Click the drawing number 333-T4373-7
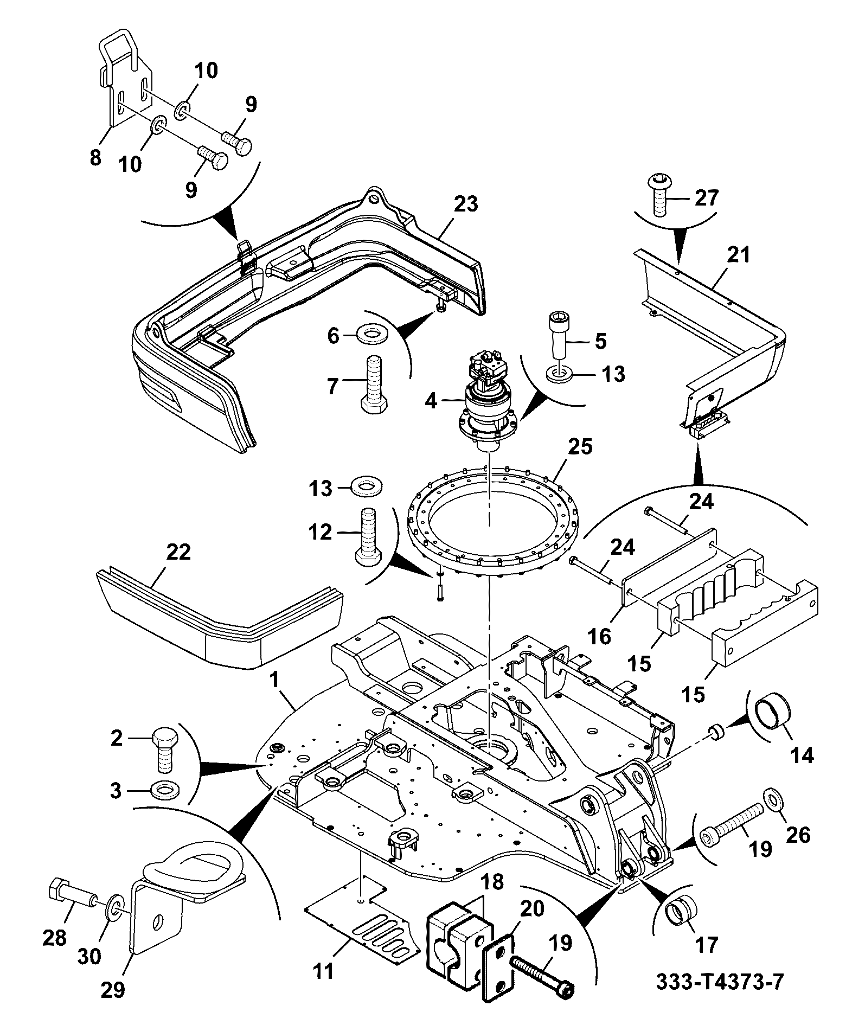click(720, 982)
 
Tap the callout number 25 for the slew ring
click(580, 447)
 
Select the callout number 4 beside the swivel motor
click(431, 402)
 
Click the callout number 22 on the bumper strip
click(179, 552)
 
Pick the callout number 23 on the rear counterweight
click(466, 204)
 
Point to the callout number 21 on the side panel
click(739, 254)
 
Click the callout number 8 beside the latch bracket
click(95, 158)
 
